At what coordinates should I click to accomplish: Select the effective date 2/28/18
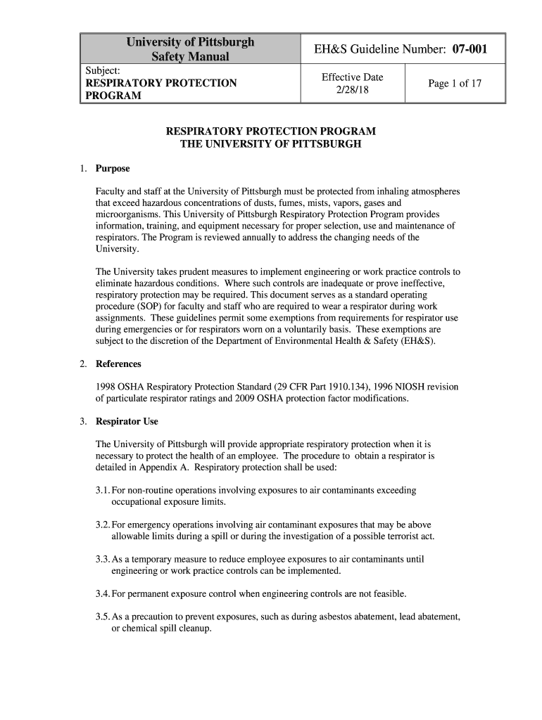pyautogui.click(x=352, y=90)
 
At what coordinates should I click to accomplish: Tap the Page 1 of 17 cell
pyautogui.click(x=455, y=84)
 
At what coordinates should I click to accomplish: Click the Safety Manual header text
pyautogui.click(x=189, y=56)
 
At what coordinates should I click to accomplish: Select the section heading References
pyautogui.click(x=118, y=364)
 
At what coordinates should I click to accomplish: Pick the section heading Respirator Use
pyautogui.click(x=127, y=422)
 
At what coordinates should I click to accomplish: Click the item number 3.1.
pyautogui.click(x=103, y=490)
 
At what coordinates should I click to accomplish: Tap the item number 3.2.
pyautogui.click(x=103, y=525)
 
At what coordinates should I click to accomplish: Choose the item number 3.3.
pyautogui.click(x=103, y=560)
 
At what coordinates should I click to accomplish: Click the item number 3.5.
pyautogui.click(x=103, y=617)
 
